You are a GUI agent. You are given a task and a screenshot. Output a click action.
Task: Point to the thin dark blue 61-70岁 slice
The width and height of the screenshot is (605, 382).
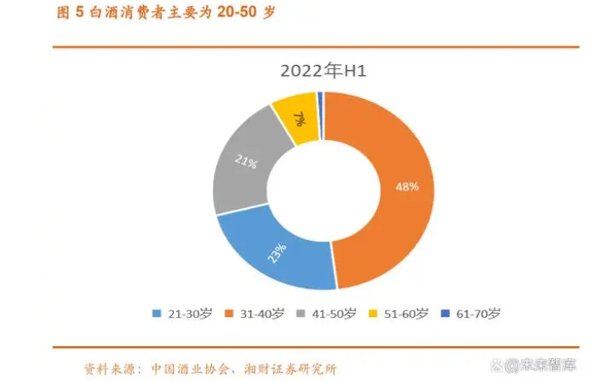click(x=320, y=116)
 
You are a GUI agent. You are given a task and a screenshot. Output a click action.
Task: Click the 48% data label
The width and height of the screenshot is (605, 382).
click(x=407, y=187)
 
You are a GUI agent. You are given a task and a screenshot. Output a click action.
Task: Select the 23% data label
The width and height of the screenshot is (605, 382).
click(x=277, y=253)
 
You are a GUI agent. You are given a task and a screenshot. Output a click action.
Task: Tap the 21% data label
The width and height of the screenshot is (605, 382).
click(x=246, y=161)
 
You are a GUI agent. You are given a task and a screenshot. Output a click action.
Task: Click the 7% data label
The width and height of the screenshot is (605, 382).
click(x=299, y=119)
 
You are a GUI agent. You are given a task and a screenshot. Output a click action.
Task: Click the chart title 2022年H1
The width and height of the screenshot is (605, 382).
click(x=323, y=71)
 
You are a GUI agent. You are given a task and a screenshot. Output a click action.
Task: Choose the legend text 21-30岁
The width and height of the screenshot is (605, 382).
click(x=189, y=314)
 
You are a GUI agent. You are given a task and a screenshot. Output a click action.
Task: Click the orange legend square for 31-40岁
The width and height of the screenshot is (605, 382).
click(x=229, y=313)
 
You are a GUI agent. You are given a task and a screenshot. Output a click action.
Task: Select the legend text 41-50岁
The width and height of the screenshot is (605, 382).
click(x=334, y=314)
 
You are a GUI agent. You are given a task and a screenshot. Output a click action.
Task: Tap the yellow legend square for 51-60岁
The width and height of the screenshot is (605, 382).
click(x=373, y=313)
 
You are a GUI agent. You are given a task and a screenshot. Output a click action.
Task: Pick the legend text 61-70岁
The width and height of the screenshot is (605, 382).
click(x=478, y=314)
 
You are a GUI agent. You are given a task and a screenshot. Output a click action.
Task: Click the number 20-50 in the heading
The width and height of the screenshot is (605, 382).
click(x=237, y=12)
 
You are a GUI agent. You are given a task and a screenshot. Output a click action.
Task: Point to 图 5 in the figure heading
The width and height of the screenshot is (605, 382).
click(x=71, y=12)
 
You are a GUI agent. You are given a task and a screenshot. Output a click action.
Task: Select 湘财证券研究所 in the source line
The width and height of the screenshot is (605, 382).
click(x=291, y=370)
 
